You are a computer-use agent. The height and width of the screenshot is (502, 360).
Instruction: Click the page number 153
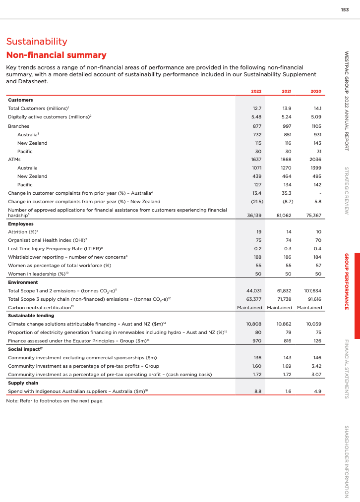point(345,10)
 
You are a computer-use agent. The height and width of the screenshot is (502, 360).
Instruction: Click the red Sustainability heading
point(36,42)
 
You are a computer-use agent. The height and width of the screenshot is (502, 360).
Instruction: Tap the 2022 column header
point(256,91)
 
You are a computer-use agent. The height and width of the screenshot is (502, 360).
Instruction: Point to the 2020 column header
point(316,91)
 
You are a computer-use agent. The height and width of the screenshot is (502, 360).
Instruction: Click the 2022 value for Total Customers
point(257,108)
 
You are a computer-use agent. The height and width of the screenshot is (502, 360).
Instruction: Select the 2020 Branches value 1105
point(315,126)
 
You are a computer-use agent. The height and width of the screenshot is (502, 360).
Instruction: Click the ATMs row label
point(14,160)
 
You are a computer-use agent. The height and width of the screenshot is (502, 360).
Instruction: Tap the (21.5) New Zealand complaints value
point(256,202)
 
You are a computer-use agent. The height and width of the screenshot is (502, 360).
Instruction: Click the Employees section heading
point(21,223)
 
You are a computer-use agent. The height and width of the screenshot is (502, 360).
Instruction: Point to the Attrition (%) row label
point(23,232)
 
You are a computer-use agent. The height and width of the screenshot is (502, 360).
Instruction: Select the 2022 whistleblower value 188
point(257,257)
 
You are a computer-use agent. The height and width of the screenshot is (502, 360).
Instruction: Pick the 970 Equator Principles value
point(257,341)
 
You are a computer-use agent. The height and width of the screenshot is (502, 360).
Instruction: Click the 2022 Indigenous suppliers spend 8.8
point(257,391)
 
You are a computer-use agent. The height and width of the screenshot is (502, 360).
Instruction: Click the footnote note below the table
point(55,400)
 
